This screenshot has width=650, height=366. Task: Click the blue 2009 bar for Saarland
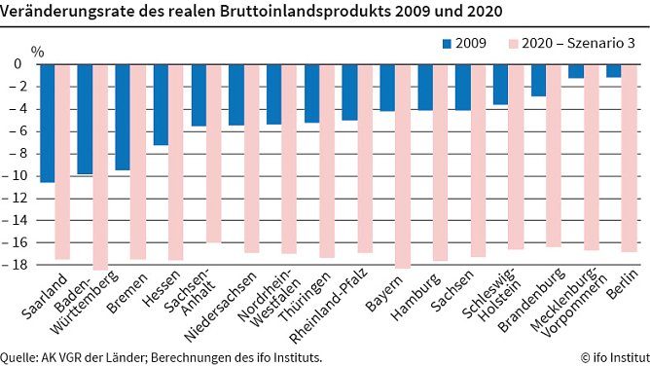[x=47, y=123]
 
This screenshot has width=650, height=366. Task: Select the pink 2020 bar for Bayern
[x=402, y=165]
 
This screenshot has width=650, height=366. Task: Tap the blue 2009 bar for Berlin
[x=613, y=70]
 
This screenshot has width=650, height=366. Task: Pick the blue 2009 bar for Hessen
[x=161, y=104]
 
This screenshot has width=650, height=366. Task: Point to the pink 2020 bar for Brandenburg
[x=554, y=155]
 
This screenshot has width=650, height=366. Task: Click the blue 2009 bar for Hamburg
[x=424, y=87]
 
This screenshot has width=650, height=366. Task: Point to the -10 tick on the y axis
[x=17, y=176]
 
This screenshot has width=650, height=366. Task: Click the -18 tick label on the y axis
[x=17, y=265]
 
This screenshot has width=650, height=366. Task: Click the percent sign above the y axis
[x=37, y=49]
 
